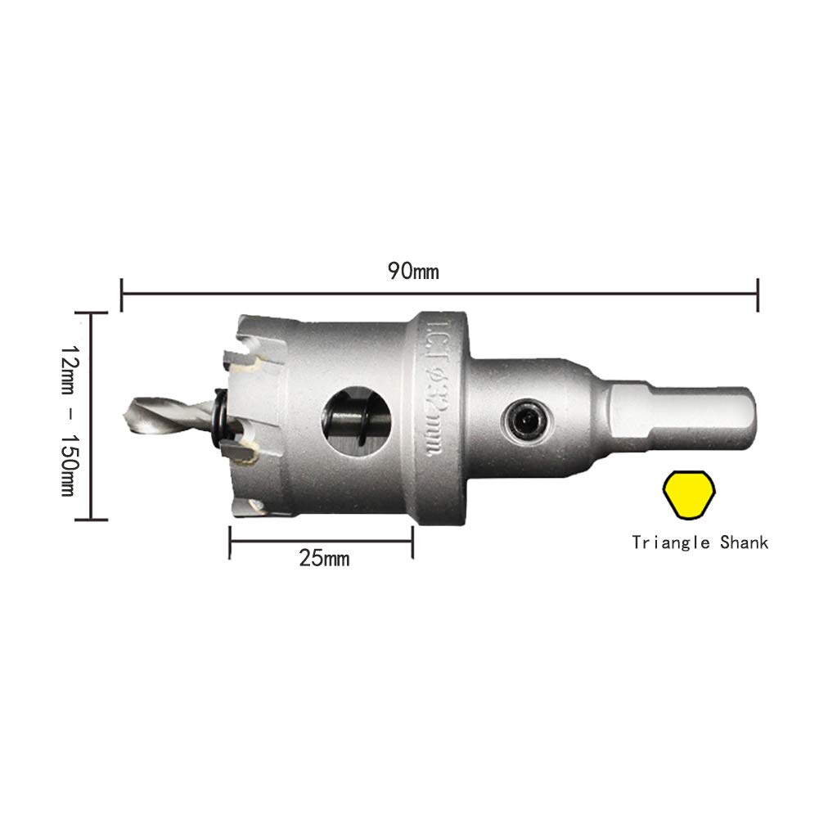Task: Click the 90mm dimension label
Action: click(x=413, y=271)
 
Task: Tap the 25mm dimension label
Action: click(x=324, y=558)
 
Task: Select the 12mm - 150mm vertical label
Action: click(x=68, y=420)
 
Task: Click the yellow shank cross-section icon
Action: click(x=689, y=495)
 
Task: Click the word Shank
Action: click(x=745, y=542)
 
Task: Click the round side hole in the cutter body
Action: click(x=356, y=421)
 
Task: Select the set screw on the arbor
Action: click(x=527, y=420)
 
